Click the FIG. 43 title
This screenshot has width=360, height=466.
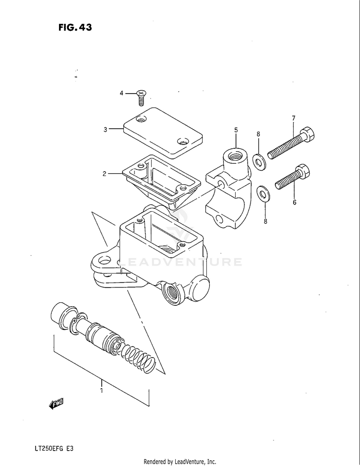75,27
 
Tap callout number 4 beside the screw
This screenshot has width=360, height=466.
121,93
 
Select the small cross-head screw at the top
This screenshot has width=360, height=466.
141,97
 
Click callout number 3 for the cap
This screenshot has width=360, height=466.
105,130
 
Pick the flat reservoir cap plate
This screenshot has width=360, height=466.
163,133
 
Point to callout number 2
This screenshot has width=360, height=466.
104,174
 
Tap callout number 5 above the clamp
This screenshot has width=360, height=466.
236,130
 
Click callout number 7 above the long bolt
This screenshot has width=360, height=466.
293,118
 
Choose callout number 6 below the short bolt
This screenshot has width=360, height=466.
295,203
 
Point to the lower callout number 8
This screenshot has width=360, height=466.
265,221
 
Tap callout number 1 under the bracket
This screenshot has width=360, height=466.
102,390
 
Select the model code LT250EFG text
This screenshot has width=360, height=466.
48,448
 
